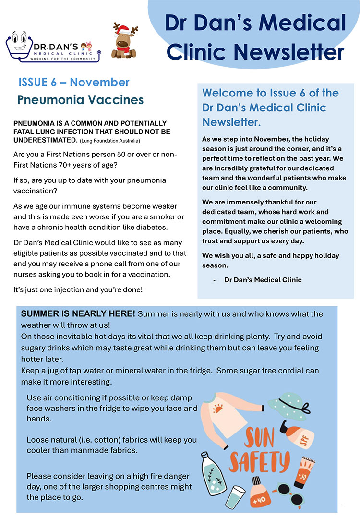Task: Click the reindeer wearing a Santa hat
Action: point(124,41)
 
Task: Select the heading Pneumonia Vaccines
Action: point(80,100)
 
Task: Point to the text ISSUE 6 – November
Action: point(74,82)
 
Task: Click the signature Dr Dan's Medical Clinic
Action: point(263,279)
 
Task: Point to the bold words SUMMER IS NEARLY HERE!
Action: point(78,314)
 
